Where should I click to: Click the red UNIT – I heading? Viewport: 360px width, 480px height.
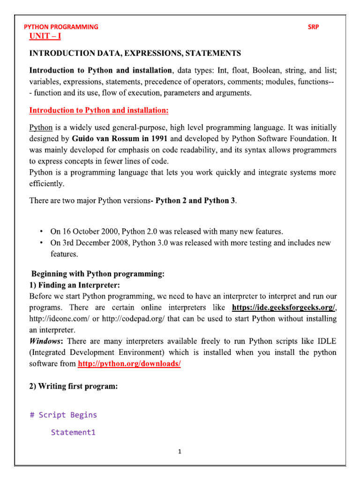tap(45, 37)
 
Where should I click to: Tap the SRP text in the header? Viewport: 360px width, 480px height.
tap(313, 27)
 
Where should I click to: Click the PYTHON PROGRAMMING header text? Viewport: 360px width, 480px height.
tap(61, 27)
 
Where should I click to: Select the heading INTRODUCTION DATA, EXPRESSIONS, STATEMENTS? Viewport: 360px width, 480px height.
tap(135, 53)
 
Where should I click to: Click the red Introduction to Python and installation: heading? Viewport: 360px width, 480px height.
tap(99, 111)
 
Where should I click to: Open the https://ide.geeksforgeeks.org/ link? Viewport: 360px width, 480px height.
tap(283, 307)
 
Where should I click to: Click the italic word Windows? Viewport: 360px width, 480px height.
tap(45, 341)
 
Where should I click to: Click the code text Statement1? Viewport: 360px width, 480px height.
tap(73, 432)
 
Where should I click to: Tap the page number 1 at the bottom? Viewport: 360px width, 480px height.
tap(180, 452)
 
